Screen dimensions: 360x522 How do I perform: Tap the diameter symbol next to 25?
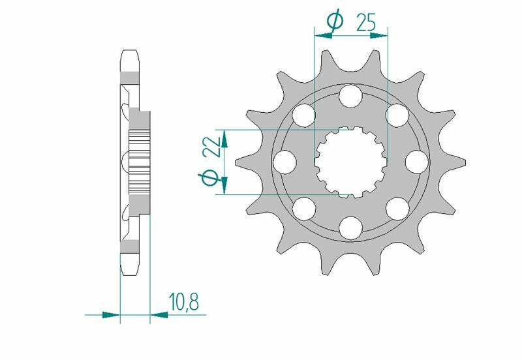pos(334,22)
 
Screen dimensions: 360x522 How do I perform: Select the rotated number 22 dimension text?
pos(210,149)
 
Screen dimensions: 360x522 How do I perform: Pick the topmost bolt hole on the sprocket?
pos(351,97)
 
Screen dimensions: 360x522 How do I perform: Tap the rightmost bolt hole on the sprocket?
pos(416,160)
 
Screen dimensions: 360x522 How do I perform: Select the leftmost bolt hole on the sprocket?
pos(286,160)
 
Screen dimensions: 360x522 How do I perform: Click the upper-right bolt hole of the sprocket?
pos(397,115)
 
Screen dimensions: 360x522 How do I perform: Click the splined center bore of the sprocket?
pos(351,161)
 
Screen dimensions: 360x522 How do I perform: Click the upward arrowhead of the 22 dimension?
pos(224,138)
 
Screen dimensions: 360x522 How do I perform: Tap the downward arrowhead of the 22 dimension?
pos(224,185)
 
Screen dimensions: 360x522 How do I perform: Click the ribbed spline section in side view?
pos(140,161)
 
